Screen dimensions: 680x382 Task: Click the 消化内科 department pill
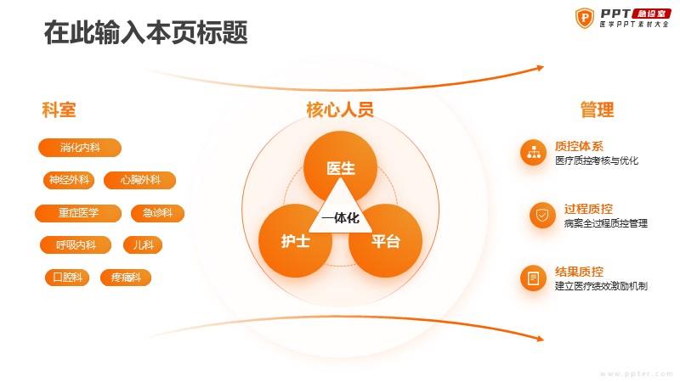coord(80,148)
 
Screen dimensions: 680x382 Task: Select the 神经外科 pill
coord(69,180)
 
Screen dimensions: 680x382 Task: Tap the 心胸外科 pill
coord(140,180)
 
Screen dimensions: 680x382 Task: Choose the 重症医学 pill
coord(78,213)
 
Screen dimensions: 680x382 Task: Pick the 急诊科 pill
coord(157,213)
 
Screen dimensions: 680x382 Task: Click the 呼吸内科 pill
coord(76,245)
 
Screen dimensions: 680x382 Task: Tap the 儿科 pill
coord(143,245)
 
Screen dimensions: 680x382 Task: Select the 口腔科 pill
coord(67,278)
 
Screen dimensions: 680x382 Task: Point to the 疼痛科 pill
coord(126,278)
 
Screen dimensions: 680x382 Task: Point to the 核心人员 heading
coord(340,110)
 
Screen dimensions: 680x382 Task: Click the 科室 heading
coord(59,110)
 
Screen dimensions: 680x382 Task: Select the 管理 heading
coord(598,110)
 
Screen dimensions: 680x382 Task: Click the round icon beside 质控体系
coord(534,153)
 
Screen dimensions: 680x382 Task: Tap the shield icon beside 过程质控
coord(542,215)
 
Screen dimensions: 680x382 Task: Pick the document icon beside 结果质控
coord(534,278)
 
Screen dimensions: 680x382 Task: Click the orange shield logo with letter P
coord(585,18)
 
